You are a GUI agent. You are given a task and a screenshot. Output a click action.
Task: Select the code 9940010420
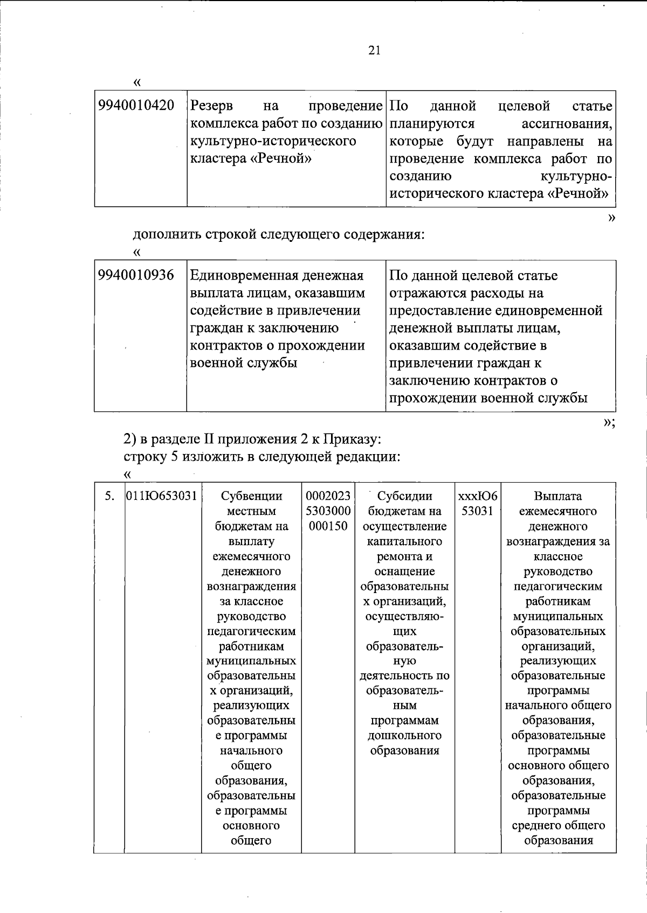136,106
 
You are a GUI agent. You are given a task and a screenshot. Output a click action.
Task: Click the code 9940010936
136,275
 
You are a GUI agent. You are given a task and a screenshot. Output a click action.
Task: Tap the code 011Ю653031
161,496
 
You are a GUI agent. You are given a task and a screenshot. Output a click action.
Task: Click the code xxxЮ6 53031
478,503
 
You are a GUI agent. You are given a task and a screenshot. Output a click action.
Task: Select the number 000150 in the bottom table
328,526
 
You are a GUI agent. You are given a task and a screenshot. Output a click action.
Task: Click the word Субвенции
251,496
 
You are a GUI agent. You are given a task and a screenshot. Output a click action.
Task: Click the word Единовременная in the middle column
243,276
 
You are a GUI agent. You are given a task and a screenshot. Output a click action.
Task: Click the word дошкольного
404,735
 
